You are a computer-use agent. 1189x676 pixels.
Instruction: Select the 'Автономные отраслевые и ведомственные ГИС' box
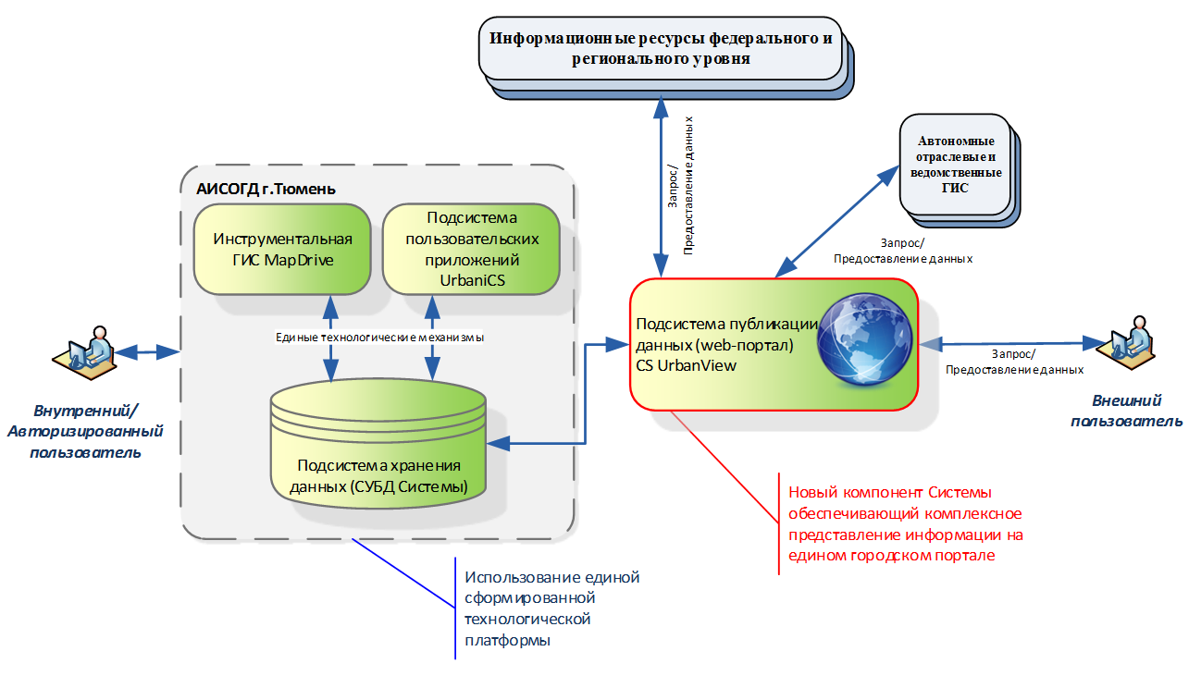tap(956, 165)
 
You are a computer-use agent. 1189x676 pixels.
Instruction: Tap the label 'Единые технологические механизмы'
tap(380, 338)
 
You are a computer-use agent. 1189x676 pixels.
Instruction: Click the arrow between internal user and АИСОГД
tap(146, 351)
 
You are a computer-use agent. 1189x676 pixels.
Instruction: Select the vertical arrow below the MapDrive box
tap(328, 338)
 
